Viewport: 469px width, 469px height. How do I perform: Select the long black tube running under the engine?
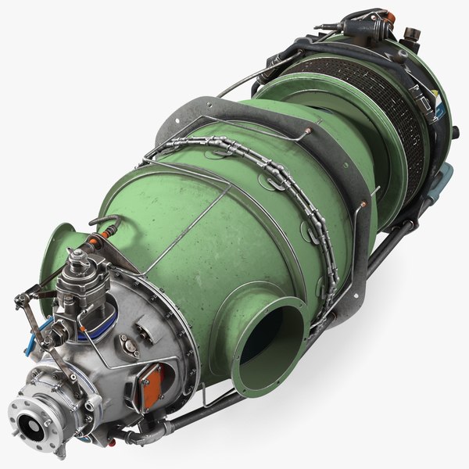[328, 313]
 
